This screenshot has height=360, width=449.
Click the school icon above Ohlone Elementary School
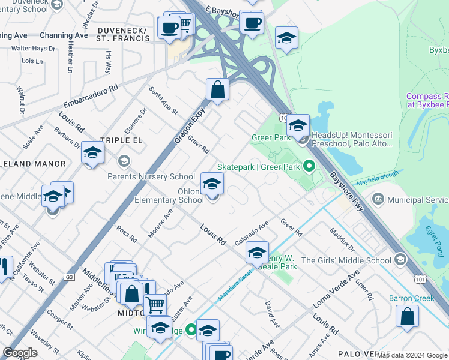[x=212, y=184]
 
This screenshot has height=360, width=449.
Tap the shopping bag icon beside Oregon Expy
[x=217, y=90]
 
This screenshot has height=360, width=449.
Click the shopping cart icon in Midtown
[x=155, y=304]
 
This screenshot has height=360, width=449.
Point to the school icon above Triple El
[x=92, y=153]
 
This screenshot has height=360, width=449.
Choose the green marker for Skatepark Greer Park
[x=309, y=166]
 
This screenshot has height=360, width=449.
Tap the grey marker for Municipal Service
[x=378, y=199]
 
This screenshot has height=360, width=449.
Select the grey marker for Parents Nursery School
[x=124, y=161]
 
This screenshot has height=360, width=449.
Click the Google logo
[x=20, y=353]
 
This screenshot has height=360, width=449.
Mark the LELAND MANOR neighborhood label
[x=33, y=163]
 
